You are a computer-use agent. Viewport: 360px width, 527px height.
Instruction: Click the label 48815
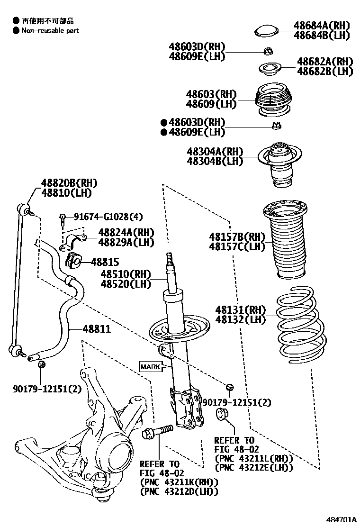(105, 262)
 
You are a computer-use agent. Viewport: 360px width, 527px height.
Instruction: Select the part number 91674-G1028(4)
(101, 217)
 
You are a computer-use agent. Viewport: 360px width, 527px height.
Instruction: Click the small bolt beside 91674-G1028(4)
(63, 218)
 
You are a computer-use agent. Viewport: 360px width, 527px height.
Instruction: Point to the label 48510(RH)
(125, 274)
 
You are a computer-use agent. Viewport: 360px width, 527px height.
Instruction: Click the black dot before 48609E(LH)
(164, 132)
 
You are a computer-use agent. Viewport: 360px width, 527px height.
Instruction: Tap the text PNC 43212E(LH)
(253, 467)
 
